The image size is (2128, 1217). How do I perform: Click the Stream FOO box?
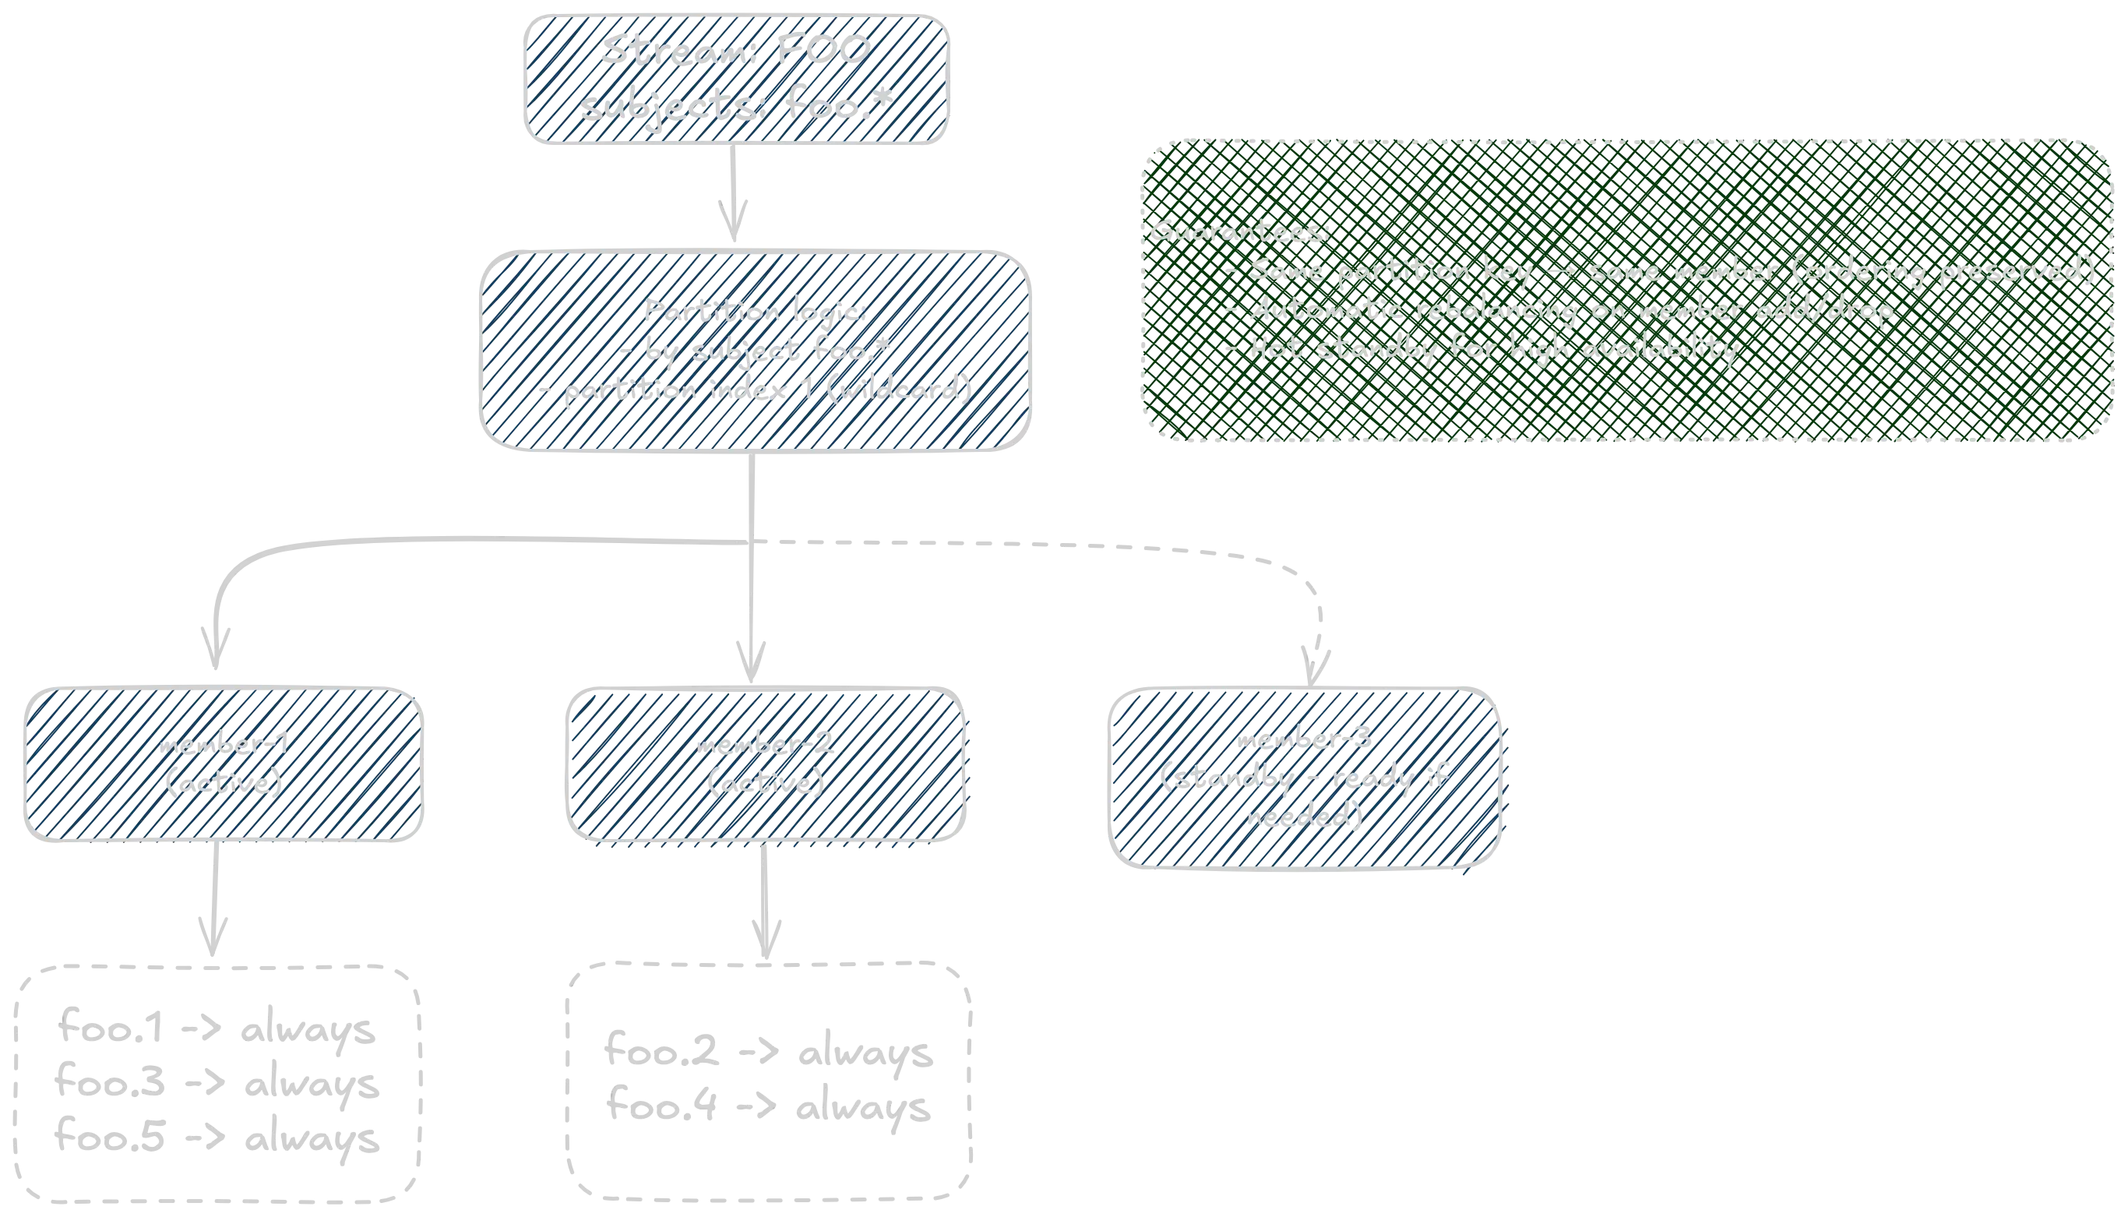737,79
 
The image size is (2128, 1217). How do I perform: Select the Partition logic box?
755,351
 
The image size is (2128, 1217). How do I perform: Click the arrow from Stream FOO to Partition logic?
735,197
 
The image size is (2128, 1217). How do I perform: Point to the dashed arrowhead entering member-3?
1315,661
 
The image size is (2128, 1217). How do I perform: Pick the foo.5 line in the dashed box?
216,1138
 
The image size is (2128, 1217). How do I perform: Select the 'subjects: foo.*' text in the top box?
737,108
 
